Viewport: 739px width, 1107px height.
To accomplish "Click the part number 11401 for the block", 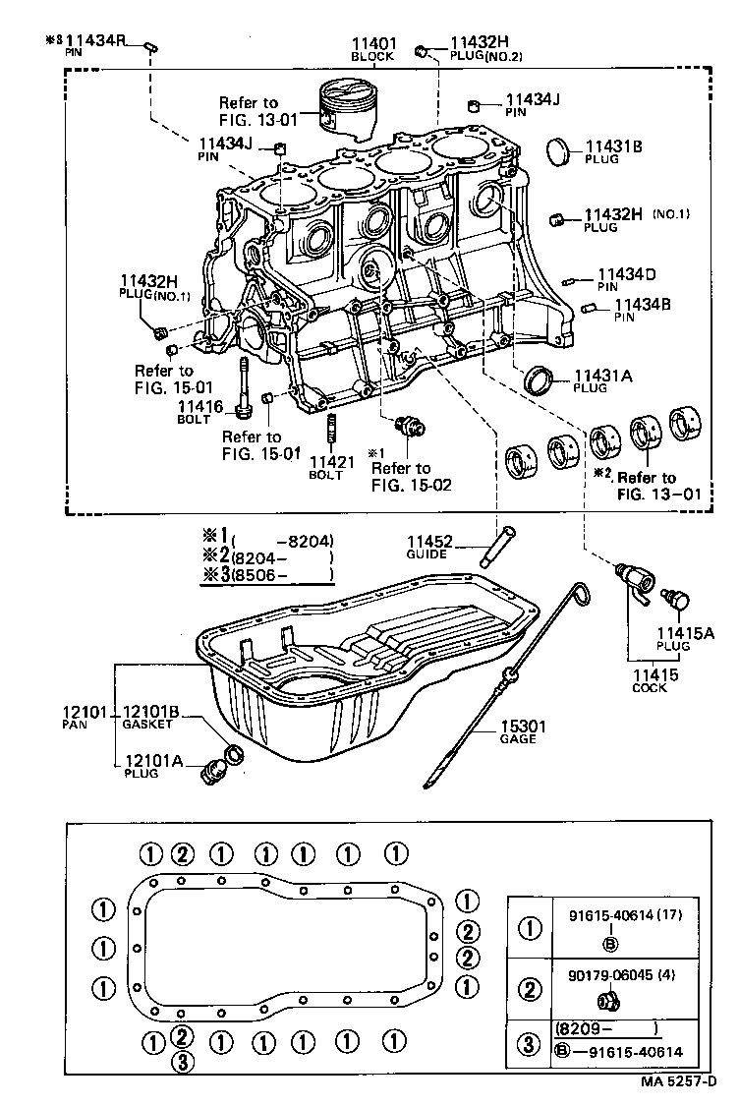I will tap(374, 44).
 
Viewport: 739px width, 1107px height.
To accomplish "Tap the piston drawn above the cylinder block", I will tap(348, 107).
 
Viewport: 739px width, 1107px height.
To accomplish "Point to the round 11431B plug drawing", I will tap(559, 152).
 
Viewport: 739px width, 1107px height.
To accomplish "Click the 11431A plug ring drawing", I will tap(539, 379).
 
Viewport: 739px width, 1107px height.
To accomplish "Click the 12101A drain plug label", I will tap(149, 760).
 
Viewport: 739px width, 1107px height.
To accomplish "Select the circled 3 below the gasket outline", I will tap(181, 1062).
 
